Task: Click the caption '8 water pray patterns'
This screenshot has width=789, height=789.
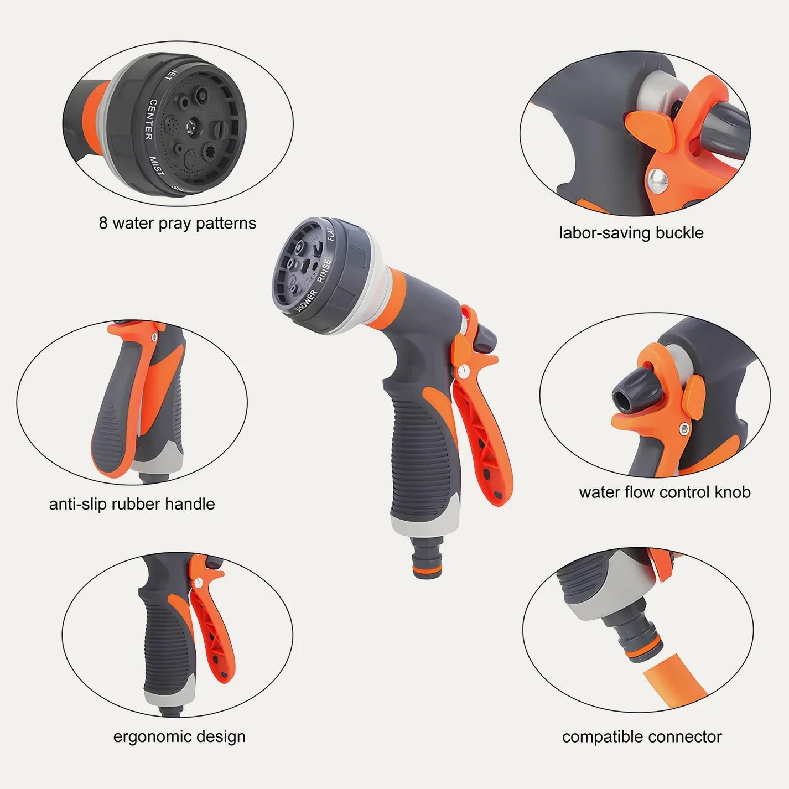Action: pyautogui.click(x=177, y=223)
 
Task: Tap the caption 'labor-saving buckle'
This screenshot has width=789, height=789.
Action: pyautogui.click(x=631, y=233)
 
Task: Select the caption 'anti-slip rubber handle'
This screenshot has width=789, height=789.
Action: pyautogui.click(x=132, y=504)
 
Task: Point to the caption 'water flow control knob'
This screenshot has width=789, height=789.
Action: pyautogui.click(x=665, y=492)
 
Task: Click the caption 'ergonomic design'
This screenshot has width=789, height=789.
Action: pyautogui.click(x=179, y=736)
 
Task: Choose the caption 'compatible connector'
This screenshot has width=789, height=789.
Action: pyautogui.click(x=642, y=736)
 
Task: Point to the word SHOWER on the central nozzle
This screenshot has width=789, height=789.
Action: pyautogui.click(x=306, y=301)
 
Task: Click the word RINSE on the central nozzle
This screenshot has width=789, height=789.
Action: pyautogui.click(x=324, y=271)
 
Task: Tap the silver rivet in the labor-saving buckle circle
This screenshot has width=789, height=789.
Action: pyautogui.click(x=658, y=180)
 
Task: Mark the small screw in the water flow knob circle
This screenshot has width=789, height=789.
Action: pyautogui.click(x=685, y=428)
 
